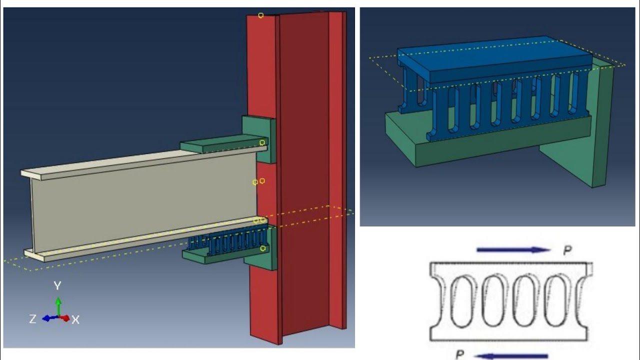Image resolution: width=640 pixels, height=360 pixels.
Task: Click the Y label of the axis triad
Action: pyautogui.click(x=57, y=285)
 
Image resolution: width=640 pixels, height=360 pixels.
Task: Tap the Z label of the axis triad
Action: pyautogui.click(x=32, y=318)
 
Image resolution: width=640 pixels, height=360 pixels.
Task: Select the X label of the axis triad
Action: pyautogui.click(x=75, y=319)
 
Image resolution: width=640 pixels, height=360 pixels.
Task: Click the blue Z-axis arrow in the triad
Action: pyautogui.click(x=48, y=318)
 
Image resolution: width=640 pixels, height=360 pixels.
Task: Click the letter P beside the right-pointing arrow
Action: pyautogui.click(x=567, y=250)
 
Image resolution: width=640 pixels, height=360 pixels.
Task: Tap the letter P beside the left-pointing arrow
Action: pyautogui.click(x=460, y=354)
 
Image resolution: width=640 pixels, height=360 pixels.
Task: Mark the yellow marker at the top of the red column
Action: pyautogui.click(x=260, y=15)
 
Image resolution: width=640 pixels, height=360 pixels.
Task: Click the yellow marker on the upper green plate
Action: pyautogui.click(x=262, y=142)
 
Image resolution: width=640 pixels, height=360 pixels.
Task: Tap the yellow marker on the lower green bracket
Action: pyautogui.click(x=263, y=248)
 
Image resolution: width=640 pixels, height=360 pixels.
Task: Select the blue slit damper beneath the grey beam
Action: pyautogui.click(x=230, y=242)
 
